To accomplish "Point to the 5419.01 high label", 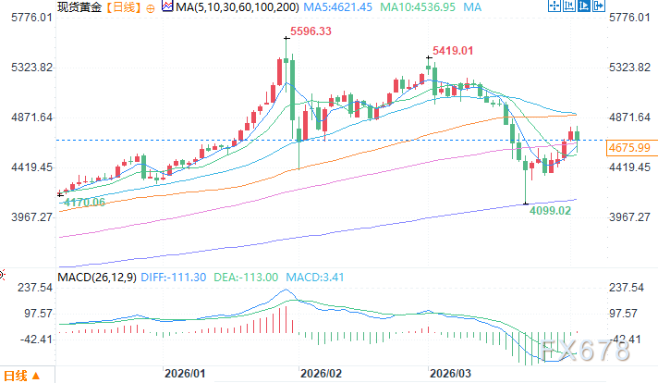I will [452, 49].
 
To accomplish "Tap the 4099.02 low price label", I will [551, 210].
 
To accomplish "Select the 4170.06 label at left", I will [81, 201].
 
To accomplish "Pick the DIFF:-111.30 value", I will [173, 277].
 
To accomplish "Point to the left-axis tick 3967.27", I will [27, 216].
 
